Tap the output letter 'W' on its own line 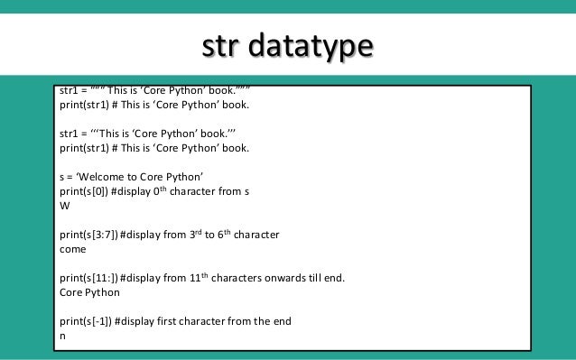[x=64, y=205]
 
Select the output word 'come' [x=73, y=248]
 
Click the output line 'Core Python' [x=89, y=293]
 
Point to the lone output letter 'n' [x=62, y=337]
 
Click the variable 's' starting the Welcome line [x=61, y=177]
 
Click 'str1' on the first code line [x=69, y=91]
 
